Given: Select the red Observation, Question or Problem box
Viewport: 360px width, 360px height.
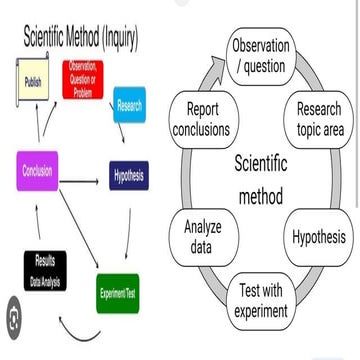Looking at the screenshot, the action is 84,77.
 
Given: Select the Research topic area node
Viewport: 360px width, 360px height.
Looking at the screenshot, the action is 319,119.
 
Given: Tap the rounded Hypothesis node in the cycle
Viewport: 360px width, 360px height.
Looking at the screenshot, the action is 319,237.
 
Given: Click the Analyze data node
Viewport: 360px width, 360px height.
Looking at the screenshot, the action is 203,237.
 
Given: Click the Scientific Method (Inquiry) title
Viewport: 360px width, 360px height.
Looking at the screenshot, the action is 80,39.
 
